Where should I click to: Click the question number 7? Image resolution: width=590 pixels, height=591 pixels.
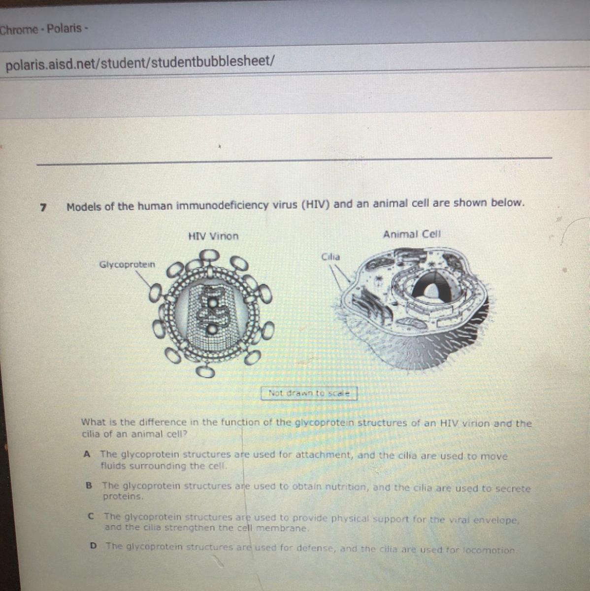43,208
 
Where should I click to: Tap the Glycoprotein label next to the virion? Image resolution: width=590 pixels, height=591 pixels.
127,264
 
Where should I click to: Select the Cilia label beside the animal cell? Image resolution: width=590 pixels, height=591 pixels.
330,257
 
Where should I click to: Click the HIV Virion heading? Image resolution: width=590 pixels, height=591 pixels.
213,236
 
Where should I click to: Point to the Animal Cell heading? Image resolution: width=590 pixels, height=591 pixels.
412,234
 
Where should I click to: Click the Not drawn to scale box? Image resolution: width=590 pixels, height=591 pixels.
309,393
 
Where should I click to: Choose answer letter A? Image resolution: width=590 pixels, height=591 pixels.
87,454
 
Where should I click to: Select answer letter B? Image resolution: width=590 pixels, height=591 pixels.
89,486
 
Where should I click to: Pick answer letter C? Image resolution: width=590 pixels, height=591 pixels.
91,517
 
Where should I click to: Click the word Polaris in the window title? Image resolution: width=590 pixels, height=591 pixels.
64,29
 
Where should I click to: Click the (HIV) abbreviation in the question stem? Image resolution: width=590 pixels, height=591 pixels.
316,204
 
